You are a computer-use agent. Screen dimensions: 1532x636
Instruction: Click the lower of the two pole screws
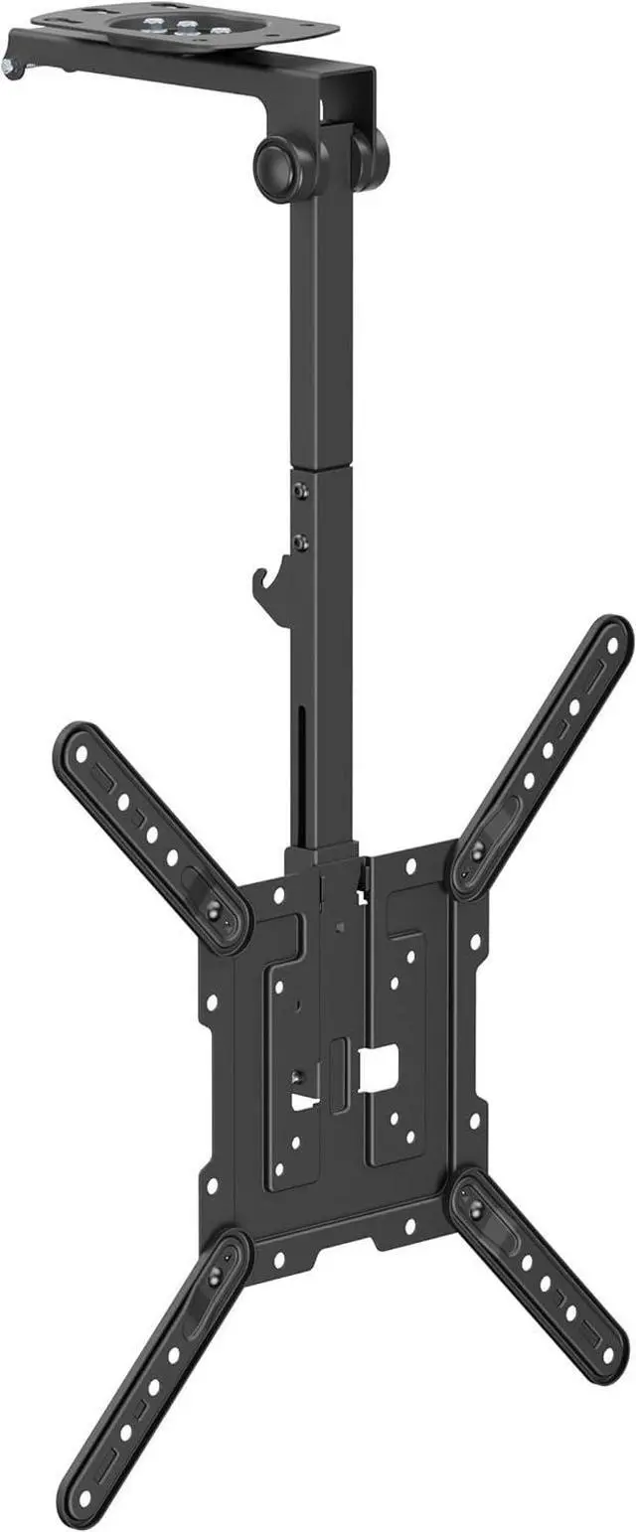(x=301, y=541)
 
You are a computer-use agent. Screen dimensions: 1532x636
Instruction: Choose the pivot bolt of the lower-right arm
(x=475, y=1206)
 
